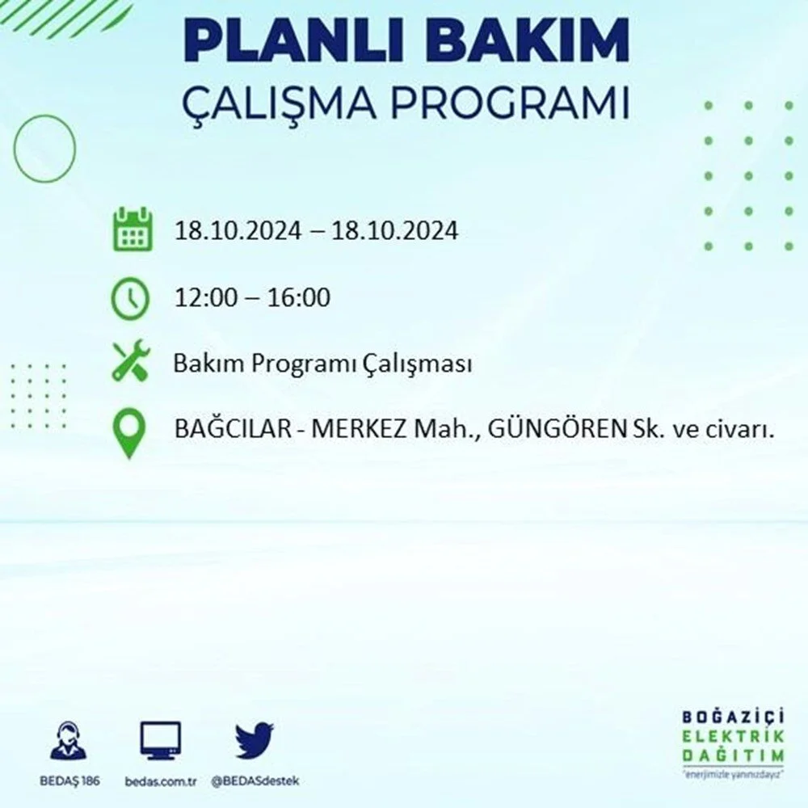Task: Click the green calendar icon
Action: point(133,229)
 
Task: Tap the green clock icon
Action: point(130,298)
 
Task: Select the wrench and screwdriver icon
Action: point(131,360)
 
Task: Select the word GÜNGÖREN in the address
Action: point(557,429)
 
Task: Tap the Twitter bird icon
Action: point(255,740)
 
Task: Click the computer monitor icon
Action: point(160,741)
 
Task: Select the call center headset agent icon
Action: point(69,740)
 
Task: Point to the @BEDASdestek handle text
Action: point(255,781)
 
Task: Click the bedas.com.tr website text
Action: point(161,781)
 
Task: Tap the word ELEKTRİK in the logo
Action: point(733,736)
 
